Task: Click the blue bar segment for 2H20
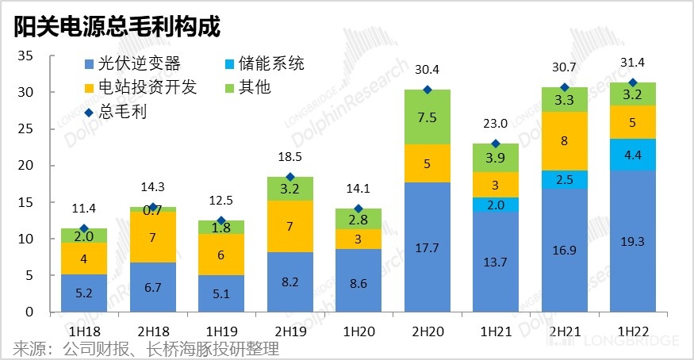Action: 428,247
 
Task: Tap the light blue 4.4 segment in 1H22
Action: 632,155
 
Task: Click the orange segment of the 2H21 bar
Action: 564,141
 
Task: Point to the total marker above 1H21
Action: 496,144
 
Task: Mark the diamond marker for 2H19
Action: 290,177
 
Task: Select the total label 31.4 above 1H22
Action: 632,63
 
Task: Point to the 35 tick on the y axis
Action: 25,56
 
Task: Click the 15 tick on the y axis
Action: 25,202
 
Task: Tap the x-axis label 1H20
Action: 359,328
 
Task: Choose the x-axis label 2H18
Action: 153,328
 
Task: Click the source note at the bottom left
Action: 146,348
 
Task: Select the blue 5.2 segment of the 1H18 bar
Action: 85,293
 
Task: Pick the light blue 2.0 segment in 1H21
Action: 496,205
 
